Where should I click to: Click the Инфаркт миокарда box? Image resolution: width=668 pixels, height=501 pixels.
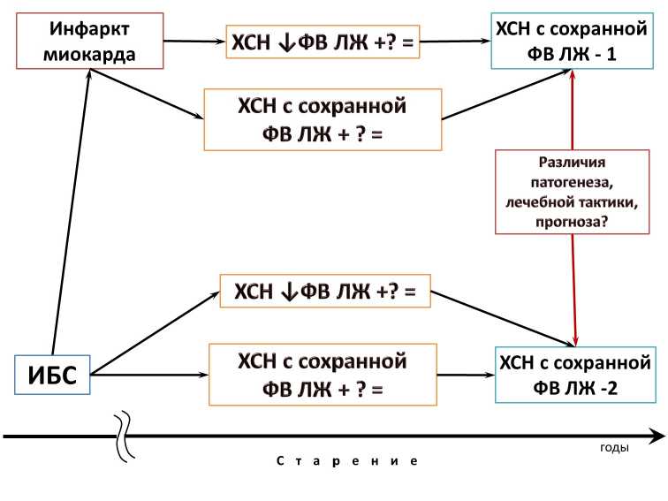pyautogui.click(x=91, y=40)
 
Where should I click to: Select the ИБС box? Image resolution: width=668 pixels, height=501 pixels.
pyautogui.click(x=53, y=377)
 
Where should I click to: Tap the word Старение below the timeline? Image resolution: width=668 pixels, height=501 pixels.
pyautogui.click(x=345, y=461)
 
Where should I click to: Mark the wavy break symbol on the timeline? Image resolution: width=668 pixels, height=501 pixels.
pyautogui.click(x=125, y=436)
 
